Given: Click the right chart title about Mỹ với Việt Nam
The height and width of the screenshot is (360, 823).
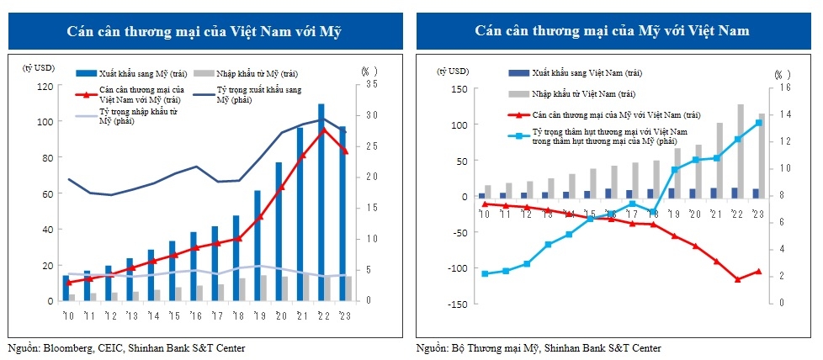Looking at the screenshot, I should click(x=612, y=32).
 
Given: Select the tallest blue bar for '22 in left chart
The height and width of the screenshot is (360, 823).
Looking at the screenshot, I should click(x=321, y=202).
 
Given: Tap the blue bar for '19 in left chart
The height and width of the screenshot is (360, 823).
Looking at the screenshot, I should click(x=258, y=245).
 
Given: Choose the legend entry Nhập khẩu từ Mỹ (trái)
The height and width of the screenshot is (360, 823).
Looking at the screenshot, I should click(x=254, y=74).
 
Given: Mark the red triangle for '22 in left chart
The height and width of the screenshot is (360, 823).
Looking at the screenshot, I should click(x=322, y=130).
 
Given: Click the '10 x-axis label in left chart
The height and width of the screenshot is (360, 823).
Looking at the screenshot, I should click(x=67, y=315).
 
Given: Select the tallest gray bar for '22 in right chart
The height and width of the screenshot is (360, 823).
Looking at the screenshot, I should click(x=741, y=151).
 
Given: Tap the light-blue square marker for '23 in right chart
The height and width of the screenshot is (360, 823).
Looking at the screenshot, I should click(x=759, y=123).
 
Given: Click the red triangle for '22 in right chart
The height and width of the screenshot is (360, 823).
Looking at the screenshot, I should click(x=738, y=279).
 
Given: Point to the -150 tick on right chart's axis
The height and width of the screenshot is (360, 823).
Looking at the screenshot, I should click(x=456, y=304).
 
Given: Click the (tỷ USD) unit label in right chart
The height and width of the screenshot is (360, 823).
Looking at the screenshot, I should click(x=454, y=70).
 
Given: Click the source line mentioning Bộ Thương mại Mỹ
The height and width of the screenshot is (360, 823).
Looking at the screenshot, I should click(x=539, y=347).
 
